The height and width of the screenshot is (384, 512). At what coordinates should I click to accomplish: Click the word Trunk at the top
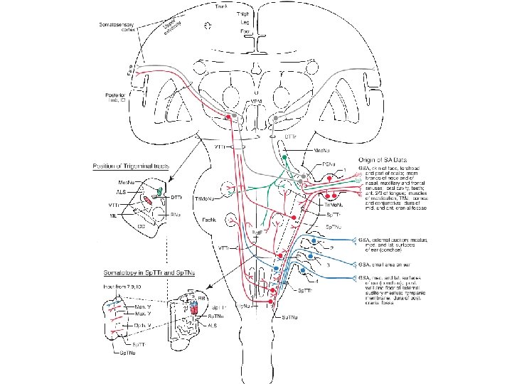(222, 6)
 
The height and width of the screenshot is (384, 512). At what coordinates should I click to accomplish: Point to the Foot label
(245, 31)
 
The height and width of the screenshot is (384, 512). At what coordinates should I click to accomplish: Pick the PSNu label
(328, 164)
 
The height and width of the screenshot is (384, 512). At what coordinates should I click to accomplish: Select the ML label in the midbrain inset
(114, 213)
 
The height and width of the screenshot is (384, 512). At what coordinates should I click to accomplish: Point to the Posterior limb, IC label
(114, 97)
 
